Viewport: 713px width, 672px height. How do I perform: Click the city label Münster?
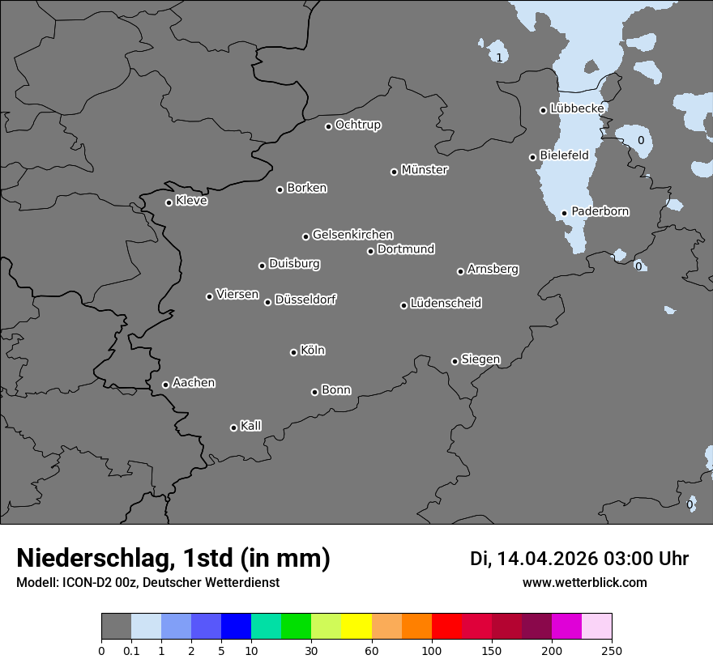coord(425,170)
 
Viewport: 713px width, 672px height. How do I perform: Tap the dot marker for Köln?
coord(293,352)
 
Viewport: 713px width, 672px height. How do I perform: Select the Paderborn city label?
coord(600,211)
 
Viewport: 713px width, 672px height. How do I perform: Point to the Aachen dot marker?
coord(165,385)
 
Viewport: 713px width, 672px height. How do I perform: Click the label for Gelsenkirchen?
coord(352,235)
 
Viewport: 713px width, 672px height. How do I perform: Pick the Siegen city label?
coord(480,359)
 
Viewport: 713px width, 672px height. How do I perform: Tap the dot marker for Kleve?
coord(169,202)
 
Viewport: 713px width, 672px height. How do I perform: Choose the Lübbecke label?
coord(577,108)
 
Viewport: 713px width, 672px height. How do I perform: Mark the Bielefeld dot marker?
coord(532,157)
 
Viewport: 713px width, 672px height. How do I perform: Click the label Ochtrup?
coord(358,125)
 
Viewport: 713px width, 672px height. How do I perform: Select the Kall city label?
coord(251,426)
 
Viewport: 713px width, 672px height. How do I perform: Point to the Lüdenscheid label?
coord(446,304)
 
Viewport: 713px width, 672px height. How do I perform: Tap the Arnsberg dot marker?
coord(460,271)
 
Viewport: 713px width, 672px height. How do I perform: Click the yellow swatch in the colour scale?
coord(356,627)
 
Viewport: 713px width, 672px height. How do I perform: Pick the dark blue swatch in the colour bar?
coord(236,627)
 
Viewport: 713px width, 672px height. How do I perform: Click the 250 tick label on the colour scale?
coord(611,650)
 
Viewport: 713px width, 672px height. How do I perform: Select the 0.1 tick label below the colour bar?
coord(131,650)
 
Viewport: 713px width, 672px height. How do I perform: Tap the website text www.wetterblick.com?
coord(585,582)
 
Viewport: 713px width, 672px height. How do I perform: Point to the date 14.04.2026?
coord(547,559)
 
